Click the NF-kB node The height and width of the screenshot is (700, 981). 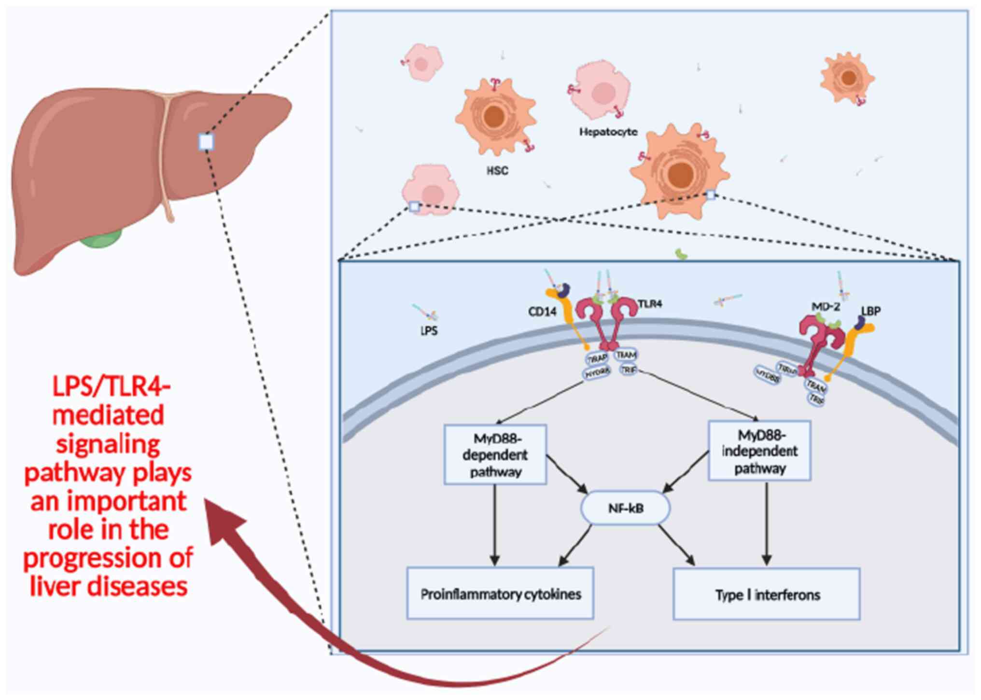coord(626,508)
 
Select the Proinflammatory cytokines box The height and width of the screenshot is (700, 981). coord(500,594)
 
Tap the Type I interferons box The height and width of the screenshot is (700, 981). coord(767,595)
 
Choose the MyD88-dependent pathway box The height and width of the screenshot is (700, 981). coord(495,454)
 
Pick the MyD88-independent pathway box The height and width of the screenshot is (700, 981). coord(759,451)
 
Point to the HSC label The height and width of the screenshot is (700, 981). coord(497,171)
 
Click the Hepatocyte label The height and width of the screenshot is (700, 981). coord(608,132)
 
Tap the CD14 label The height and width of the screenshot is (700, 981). coord(542,312)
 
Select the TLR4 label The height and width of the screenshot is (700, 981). coord(650,304)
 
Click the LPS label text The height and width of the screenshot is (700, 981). coord(429,331)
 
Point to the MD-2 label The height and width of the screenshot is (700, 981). coord(826,306)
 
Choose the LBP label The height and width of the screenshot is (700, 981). coord(871,311)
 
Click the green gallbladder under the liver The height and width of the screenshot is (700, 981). coord(101,238)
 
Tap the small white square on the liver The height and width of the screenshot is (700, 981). coord(206,142)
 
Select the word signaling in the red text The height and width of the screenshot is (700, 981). coord(108,444)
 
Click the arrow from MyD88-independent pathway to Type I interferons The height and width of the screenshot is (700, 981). coord(766,523)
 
